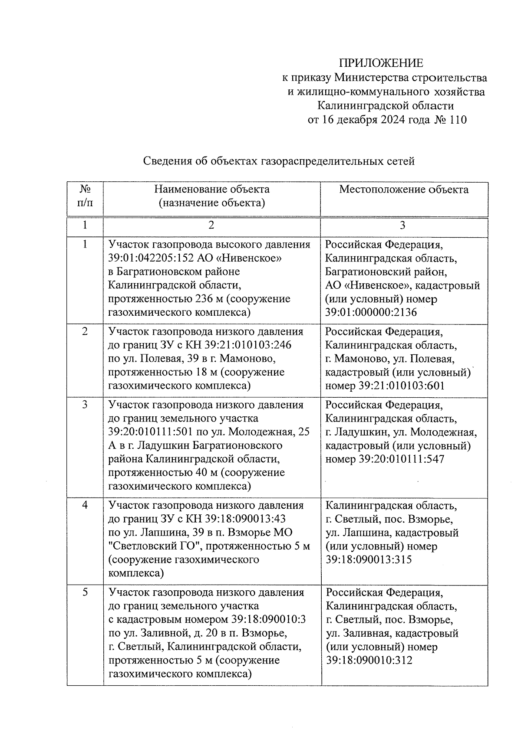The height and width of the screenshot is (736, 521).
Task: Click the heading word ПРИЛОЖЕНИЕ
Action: point(381,63)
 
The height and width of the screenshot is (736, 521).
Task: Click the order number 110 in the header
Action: point(458,120)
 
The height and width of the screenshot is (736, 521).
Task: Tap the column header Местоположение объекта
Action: point(403,190)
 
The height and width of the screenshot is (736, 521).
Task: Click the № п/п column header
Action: point(85,196)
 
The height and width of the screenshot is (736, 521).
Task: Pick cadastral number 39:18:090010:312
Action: point(369,660)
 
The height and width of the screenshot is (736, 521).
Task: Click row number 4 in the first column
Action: point(85,505)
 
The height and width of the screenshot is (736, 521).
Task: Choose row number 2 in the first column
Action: point(85,331)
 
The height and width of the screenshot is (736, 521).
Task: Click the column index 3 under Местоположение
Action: point(402,225)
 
